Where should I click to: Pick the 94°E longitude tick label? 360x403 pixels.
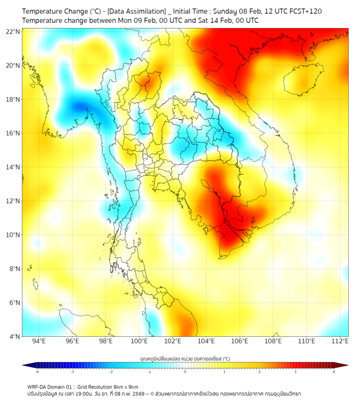39,341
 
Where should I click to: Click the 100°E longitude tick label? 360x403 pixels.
140,341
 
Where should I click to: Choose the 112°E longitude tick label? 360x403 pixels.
340,341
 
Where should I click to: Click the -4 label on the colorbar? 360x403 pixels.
37,372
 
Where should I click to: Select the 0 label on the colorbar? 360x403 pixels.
185,372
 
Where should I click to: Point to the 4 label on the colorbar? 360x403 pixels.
334,372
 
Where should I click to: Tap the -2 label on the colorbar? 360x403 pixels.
111,372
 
